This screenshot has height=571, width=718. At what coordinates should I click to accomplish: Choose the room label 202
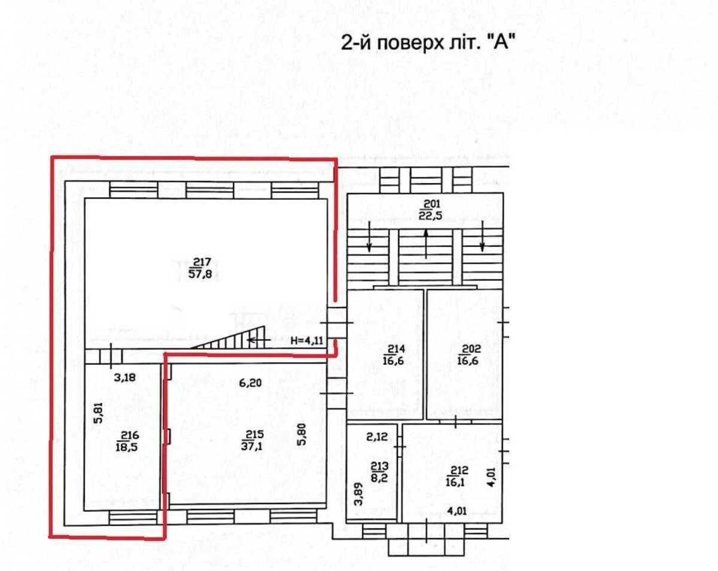(x=466, y=354)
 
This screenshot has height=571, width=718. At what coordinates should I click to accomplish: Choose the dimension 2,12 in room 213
(x=376, y=436)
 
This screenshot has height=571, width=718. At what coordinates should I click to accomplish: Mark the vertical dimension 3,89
(x=358, y=494)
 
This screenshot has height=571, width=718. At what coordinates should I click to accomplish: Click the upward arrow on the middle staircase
(x=425, y=243)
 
